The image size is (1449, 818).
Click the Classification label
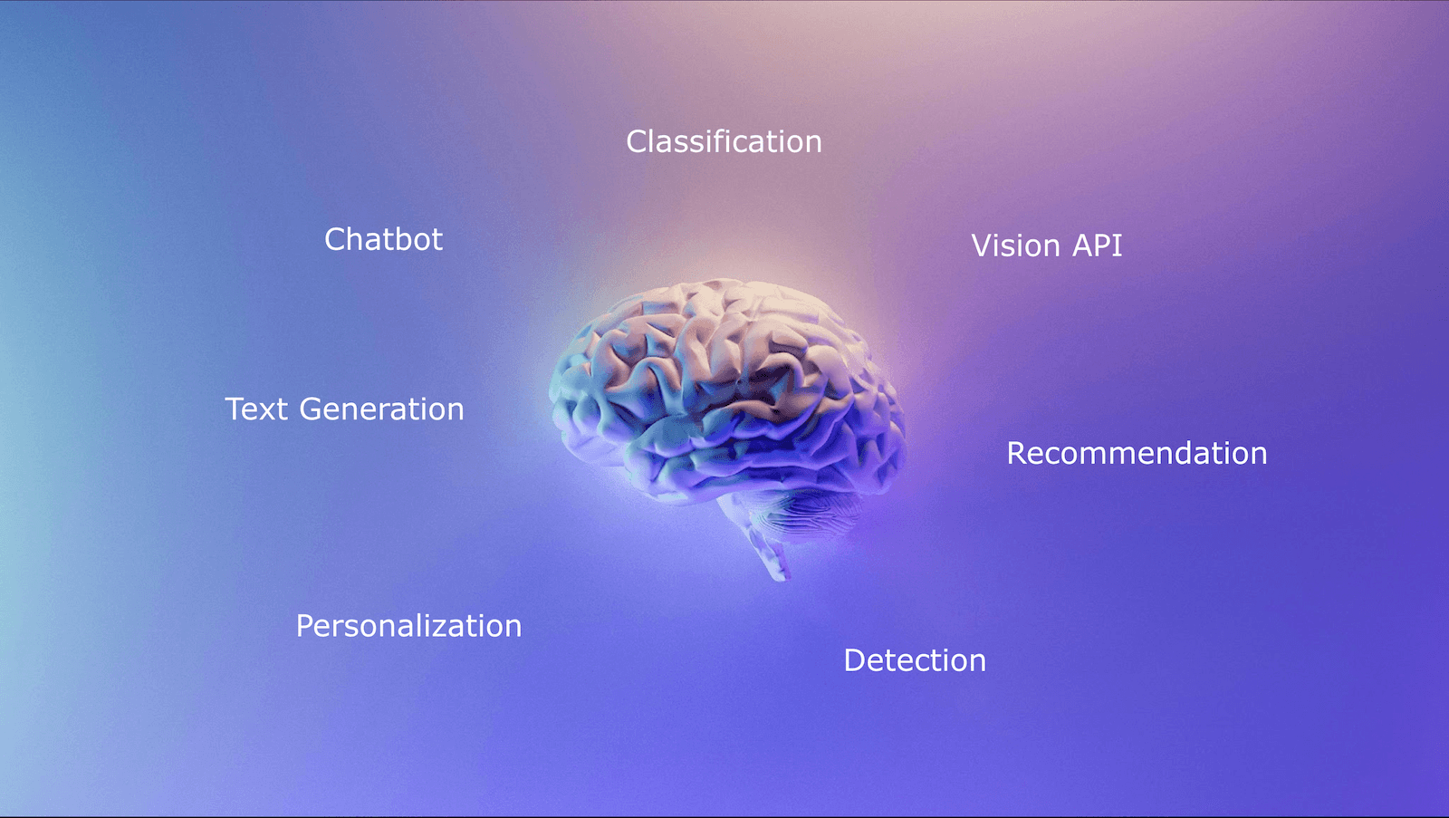coord(724,141)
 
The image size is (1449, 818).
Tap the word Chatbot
coord(383,239)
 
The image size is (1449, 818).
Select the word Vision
coord(1015,245)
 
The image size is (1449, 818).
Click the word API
coord(1098,245)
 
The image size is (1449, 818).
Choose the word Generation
coord(381,409)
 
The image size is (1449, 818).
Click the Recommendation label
coord(1137,453)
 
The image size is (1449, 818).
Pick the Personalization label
coord(408,626)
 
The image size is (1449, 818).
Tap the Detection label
coord(915,660)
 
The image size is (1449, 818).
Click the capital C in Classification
coord(637,141)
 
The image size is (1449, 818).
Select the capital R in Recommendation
coord(1017,453)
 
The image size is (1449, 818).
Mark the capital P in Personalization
coord(305,626)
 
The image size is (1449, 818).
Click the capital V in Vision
coord(982,245)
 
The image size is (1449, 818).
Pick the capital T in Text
coord(235,409)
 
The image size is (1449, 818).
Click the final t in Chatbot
coord(437,240)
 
